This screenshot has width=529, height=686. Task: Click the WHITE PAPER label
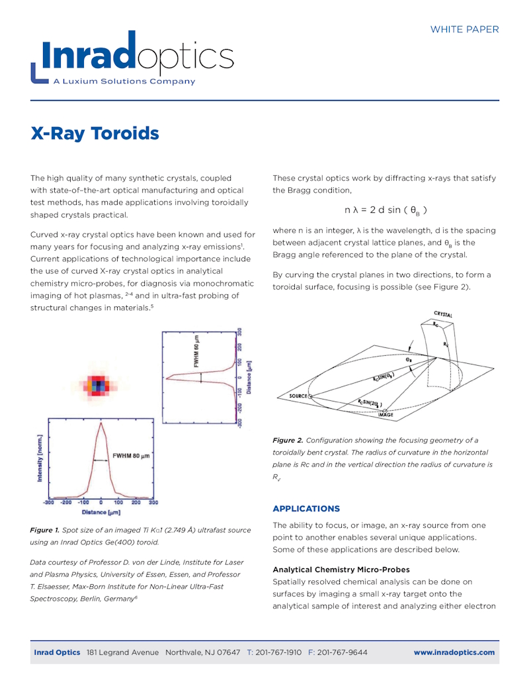point(464,29)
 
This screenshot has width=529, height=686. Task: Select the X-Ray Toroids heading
point(95,134)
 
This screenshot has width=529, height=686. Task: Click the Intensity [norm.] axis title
point(40,458)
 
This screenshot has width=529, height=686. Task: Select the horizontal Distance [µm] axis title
point(101,512)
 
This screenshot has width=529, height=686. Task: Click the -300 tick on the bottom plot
point(48,503)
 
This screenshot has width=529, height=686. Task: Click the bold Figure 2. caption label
point(288,441)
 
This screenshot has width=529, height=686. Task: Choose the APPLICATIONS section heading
point(306,509)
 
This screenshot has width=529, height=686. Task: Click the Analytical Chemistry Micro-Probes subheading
point(341,570)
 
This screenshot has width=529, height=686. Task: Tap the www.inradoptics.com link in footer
point(454,652)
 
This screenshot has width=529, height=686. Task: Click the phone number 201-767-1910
point(275,652)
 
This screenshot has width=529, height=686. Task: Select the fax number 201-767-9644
point(342,652)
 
